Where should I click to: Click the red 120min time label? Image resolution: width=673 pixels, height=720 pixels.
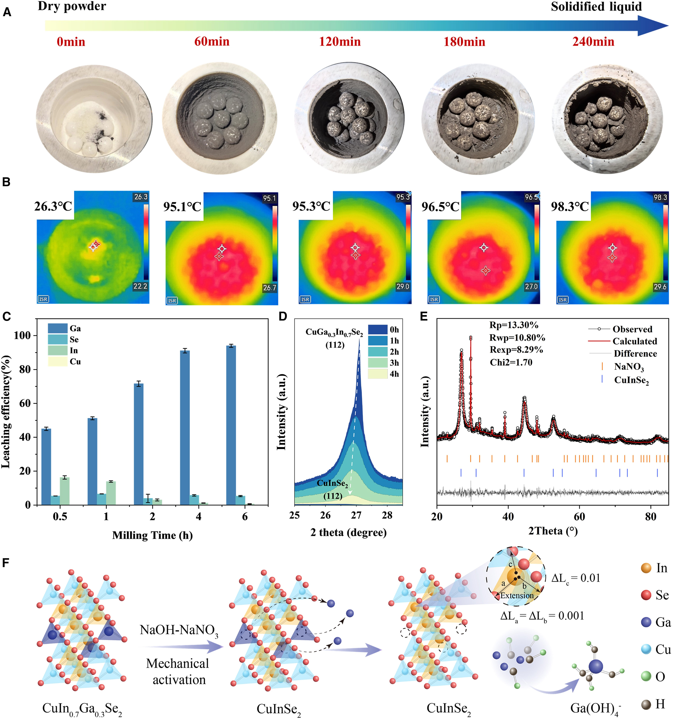(x=340, y=42)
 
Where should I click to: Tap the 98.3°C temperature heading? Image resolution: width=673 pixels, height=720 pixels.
(x=570, y=206)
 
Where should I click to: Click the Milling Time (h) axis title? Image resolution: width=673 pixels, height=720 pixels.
(x=152, y=535)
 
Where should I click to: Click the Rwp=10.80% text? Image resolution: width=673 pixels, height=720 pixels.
(x=517, y=338)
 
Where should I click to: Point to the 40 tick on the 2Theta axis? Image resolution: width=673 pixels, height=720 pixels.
(x=508, y=516)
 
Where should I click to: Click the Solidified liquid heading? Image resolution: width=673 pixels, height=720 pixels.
(x=596, y=7)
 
